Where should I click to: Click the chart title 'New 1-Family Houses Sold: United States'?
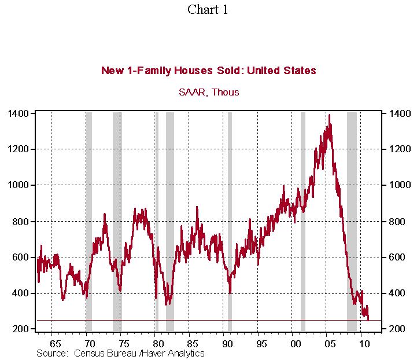point(208,71)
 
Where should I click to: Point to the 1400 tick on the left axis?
point(19,113)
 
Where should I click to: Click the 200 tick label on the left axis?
point(21,329)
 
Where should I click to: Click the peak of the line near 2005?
point(329,115)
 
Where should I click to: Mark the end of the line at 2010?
point(368,319)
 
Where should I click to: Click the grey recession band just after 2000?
point(302,220)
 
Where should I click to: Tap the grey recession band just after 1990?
point(230,220)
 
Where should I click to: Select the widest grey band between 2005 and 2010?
point(352,220)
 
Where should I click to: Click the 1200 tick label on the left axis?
point(19,149)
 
